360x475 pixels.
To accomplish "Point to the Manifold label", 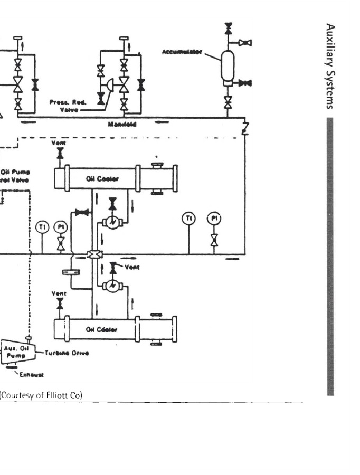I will (126, 125).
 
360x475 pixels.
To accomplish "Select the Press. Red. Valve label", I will (64, 107).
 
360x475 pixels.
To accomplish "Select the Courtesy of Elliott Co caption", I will (41, 395).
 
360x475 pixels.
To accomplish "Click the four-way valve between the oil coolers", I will (94, 254).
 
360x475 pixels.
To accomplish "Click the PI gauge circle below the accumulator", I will (214, 218).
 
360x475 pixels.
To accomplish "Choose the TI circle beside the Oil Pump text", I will (42, 227).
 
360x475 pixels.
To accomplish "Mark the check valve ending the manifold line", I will (245, 127).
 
